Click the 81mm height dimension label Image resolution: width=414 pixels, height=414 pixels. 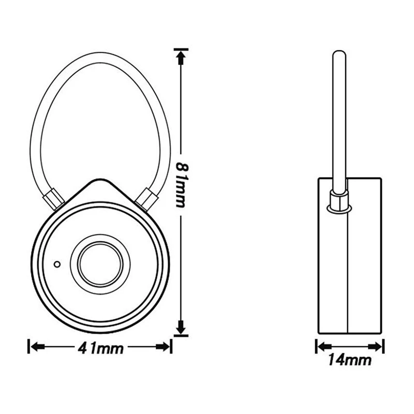click(181, 185)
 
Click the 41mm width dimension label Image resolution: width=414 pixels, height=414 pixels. click(100, 348)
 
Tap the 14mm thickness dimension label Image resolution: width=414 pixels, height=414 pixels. click(350, 360)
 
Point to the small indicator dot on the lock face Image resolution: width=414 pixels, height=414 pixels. click(57, 264)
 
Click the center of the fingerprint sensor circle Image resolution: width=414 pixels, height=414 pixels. click(100, 264)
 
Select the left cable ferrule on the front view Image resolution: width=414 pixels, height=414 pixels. click(53, 199)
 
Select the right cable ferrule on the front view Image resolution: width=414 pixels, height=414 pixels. click(146, 199)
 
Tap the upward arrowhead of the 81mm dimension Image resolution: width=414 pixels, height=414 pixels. click(181, 57)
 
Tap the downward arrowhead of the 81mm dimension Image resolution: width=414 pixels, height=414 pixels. click(181, 328)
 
